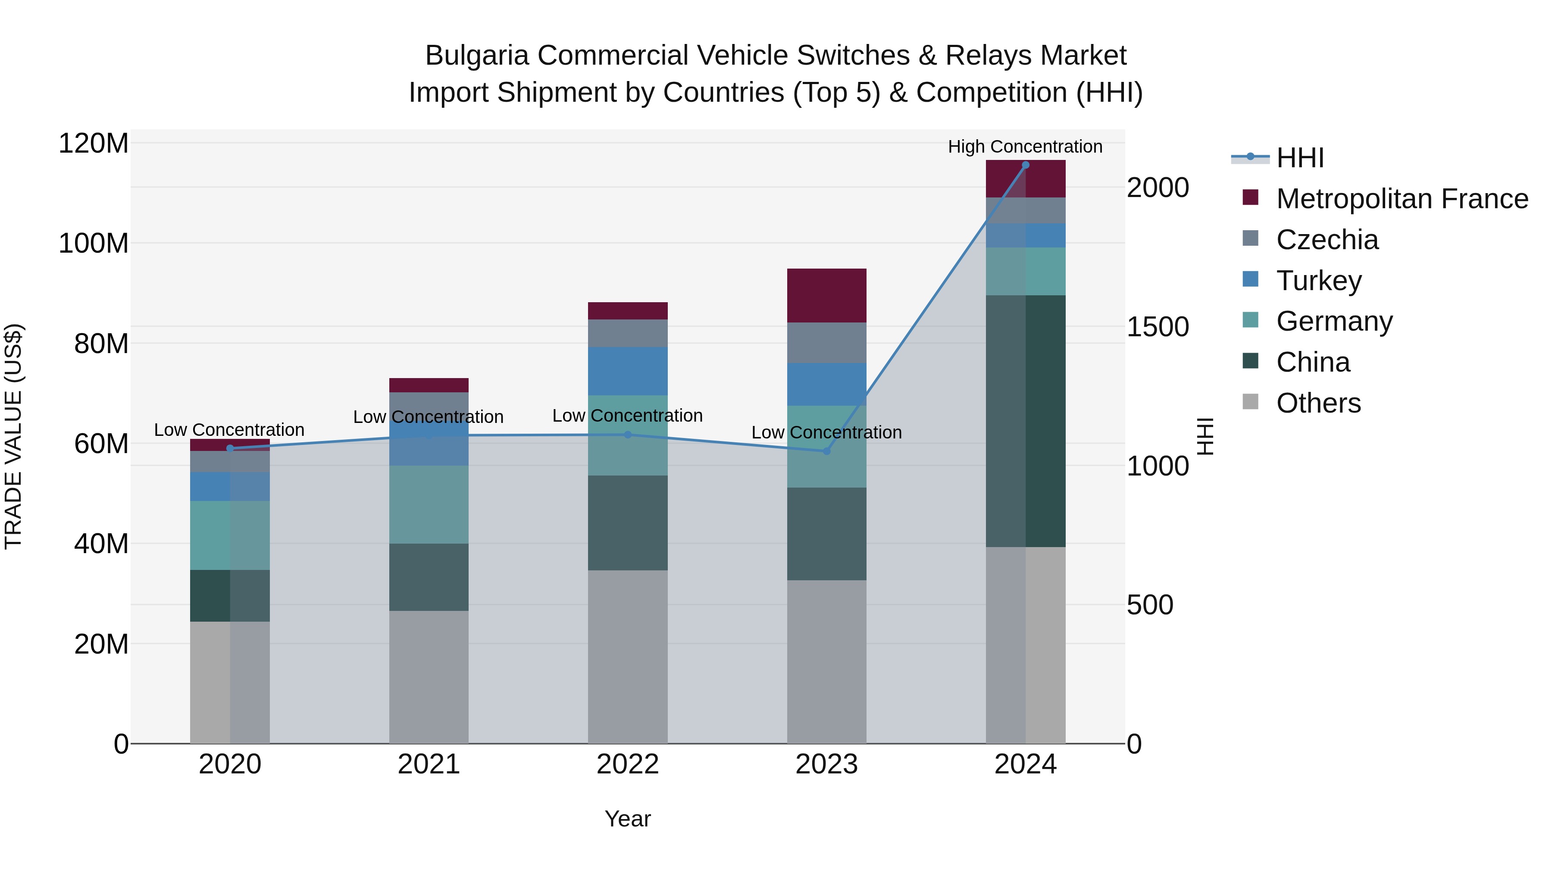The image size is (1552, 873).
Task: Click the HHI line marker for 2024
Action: point(1026,165)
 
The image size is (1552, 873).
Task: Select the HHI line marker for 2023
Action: point(826,451)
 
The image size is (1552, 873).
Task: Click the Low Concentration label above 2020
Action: point(229,429)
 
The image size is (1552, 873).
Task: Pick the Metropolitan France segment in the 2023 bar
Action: point(826,295)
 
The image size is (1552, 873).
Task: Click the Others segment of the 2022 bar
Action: point(627,657)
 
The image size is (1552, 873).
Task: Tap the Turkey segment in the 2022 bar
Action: point(627,371)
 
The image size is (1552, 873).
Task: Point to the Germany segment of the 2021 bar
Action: point(429,504)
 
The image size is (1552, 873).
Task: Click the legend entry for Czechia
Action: point(1327,240)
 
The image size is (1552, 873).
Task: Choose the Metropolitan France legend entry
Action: point(1402,199)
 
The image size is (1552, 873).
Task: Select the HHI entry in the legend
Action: point(1299,158)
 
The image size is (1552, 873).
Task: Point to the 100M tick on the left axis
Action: point(94,244)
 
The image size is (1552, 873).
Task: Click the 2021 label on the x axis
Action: point(429,764)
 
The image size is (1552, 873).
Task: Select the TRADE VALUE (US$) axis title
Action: point(13,436)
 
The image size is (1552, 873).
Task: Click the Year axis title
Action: point(627,819)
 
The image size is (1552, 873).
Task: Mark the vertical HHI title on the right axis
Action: point(1205,436)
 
